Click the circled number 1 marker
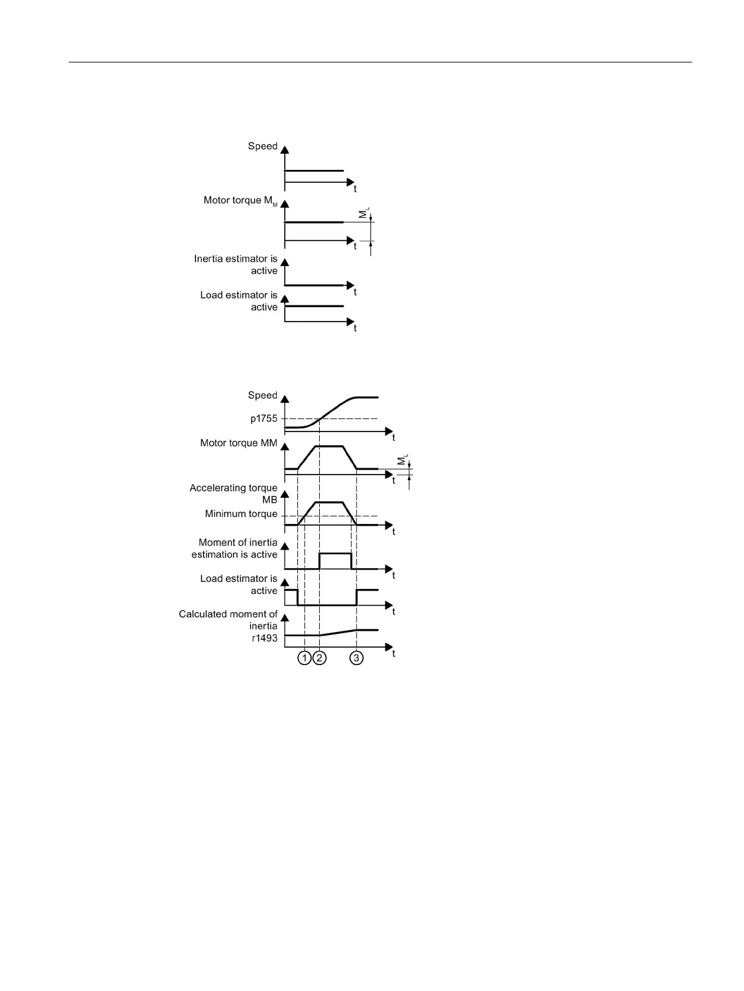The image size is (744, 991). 304,658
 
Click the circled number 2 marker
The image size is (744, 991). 319,658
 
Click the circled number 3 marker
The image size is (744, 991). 356,658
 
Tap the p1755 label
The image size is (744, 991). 264,419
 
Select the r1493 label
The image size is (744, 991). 264,638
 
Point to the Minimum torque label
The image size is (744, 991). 241,514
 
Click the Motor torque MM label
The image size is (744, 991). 239,443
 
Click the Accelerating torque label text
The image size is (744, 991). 234,488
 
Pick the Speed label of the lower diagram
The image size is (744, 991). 262,395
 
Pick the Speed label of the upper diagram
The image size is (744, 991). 262,146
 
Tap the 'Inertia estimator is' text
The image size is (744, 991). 236,259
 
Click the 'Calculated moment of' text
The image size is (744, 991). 228,614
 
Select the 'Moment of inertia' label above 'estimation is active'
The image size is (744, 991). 238,542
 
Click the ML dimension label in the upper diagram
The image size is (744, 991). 364,215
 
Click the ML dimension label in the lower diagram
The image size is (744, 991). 402,463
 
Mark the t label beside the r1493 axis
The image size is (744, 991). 394,653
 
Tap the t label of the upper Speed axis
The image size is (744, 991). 355,189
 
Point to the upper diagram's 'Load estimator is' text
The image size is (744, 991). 239,295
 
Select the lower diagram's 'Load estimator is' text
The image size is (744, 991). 239,578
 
